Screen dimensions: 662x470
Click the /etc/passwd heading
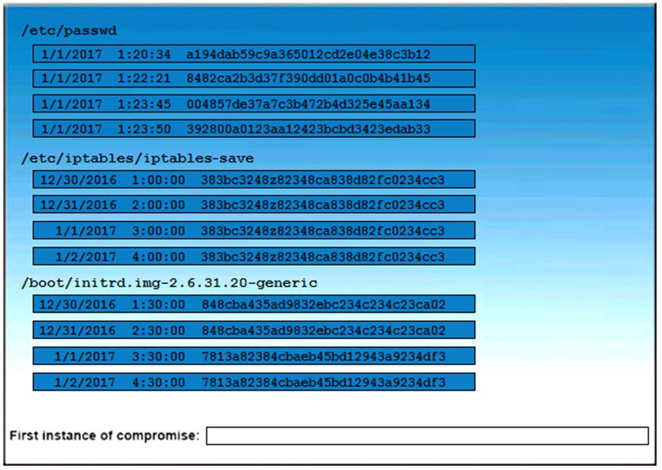point(70,31)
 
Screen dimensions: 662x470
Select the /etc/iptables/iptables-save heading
point(138,159)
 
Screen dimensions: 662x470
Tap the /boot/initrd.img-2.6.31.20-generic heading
point(169,283)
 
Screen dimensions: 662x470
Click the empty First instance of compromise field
point(427,436)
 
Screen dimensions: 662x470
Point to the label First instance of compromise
point(104,435)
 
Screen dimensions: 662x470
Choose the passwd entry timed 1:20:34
point(254,54)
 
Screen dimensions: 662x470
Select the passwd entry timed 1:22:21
point(254,79)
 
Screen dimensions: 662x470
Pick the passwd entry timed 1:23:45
point(254,104)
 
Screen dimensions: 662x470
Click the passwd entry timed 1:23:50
point(254,128)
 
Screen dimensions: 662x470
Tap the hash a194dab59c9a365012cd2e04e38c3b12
point(308,54)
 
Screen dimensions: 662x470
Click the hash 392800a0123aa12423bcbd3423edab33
point(308,128)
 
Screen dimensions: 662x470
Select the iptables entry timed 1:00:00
point(254,180)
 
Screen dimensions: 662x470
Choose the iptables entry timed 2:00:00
point(254,204)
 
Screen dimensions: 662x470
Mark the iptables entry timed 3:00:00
point(254,230)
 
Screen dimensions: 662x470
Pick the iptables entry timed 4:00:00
point(254,256)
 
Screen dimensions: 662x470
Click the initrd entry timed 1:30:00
point(254,304)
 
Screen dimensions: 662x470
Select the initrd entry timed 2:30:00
point(254,329)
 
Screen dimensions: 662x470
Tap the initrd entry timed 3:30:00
point(254,356)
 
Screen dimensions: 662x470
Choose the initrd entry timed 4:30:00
point(254,382)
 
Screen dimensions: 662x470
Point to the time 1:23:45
point(144,104)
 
